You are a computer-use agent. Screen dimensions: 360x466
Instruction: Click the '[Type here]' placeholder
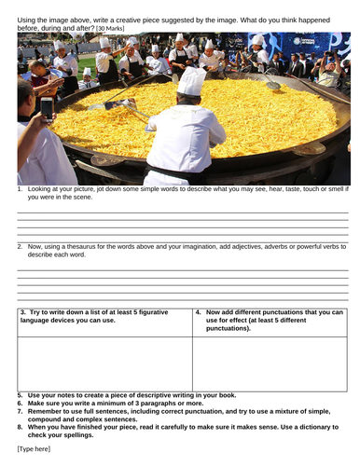coord(35,449)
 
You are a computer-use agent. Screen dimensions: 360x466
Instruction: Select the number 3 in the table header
coord(21,311)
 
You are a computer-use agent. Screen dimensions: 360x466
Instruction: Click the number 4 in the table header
coord(199,311)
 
